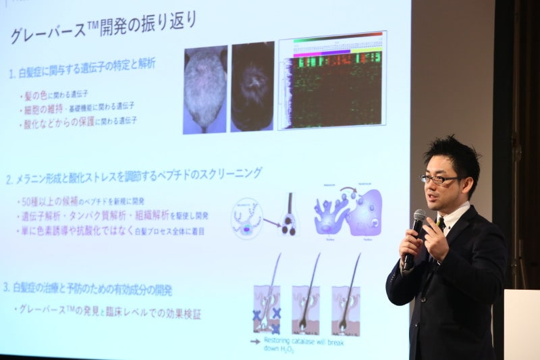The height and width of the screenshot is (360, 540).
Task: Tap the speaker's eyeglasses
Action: coord(439,179)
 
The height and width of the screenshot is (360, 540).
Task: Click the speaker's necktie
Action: coord(440,222)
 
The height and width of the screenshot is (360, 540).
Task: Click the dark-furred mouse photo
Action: coord(252,87)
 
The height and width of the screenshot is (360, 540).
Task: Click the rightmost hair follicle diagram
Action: coord(346,307)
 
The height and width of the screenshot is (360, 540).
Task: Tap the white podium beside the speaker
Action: coord(522,324)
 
